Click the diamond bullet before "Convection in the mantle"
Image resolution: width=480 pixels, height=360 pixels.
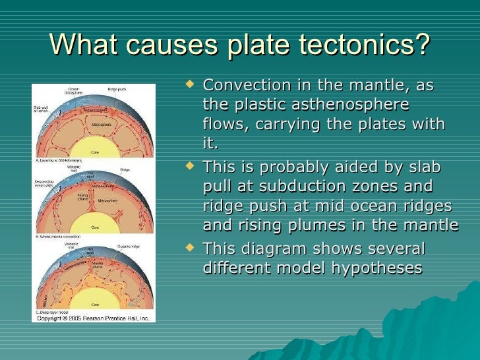tap(191, 85)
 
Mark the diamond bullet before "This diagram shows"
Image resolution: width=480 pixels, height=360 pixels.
tap(191, 249)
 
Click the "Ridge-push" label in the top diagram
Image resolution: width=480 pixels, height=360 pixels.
tap(118, 90)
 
